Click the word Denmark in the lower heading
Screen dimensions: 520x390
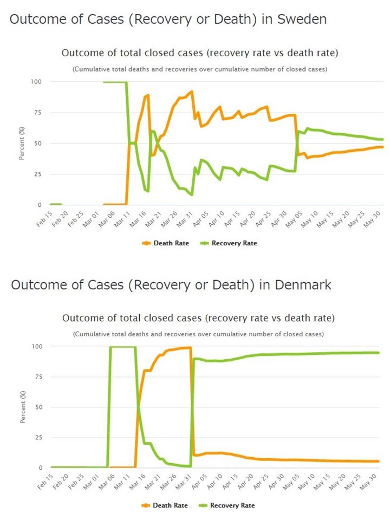coord(303,284)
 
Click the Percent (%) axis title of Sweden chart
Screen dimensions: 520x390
coord(22,143)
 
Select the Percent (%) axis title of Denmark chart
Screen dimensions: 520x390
coord(22,406)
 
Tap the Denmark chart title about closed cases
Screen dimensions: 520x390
coord(198,317)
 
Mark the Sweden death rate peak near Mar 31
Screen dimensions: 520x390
coord(192,92)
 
